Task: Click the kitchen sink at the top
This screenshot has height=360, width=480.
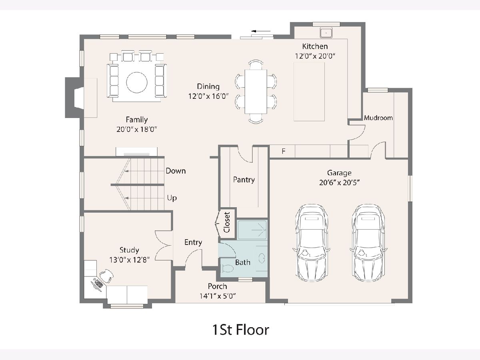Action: coord(326,33)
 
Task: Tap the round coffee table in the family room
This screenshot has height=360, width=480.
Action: coord(137,82)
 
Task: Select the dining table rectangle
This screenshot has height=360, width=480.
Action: coord(256,92)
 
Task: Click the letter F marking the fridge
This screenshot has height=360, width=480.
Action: coord(284,151)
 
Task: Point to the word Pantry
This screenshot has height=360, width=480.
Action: coord(244,180)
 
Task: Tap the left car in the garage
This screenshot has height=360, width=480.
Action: coord(311,243)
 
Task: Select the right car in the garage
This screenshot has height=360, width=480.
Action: coord(368,243)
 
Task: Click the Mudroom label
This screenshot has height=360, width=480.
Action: coord(378,118)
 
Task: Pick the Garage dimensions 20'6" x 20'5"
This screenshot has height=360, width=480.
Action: coord(339,182)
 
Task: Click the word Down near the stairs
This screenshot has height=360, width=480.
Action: coord(176,171)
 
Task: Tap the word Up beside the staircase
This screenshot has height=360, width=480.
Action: coord(172,198)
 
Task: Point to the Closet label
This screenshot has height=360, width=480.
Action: coord(227,222)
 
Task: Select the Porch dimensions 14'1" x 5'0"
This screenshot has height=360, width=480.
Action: coord(218,296)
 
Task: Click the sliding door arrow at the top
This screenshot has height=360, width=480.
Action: coord(261,31)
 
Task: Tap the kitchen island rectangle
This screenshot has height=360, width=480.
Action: coord(309,92)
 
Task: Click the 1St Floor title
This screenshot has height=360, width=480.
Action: coord(240,330)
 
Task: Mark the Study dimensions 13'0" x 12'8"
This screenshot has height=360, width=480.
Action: coord(130,260)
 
